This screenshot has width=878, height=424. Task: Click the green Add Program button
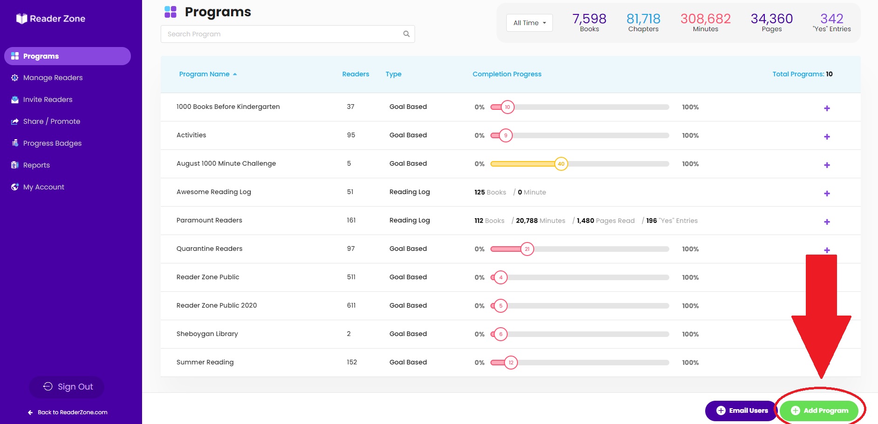coord(819,411)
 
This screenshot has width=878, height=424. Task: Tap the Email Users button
coord(742,411)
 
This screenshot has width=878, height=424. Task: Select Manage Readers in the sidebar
coord(53,78)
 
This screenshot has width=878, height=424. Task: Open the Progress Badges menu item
coord(52,143)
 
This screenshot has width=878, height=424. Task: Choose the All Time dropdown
coord(530,23)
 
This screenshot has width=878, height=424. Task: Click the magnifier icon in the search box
coord(406,34)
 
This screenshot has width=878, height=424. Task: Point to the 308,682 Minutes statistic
coord(706,22)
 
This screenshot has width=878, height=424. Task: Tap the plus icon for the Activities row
coord(827,137)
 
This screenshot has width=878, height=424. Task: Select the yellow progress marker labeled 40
coord(561,164)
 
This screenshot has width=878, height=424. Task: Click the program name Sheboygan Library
coord(207,334)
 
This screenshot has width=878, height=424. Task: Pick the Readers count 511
coord(351,277)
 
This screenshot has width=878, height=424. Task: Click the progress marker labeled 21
coord(527,249)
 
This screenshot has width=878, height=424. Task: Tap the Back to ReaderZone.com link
coord(68,412)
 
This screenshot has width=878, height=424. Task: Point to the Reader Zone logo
coord(51,19)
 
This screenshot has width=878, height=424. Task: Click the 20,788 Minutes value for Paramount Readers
coord(540,221)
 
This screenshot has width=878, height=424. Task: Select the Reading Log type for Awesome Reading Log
coord(409,192)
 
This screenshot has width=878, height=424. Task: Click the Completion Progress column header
coord(507,74)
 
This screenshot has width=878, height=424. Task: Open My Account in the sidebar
coord(43,187)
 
